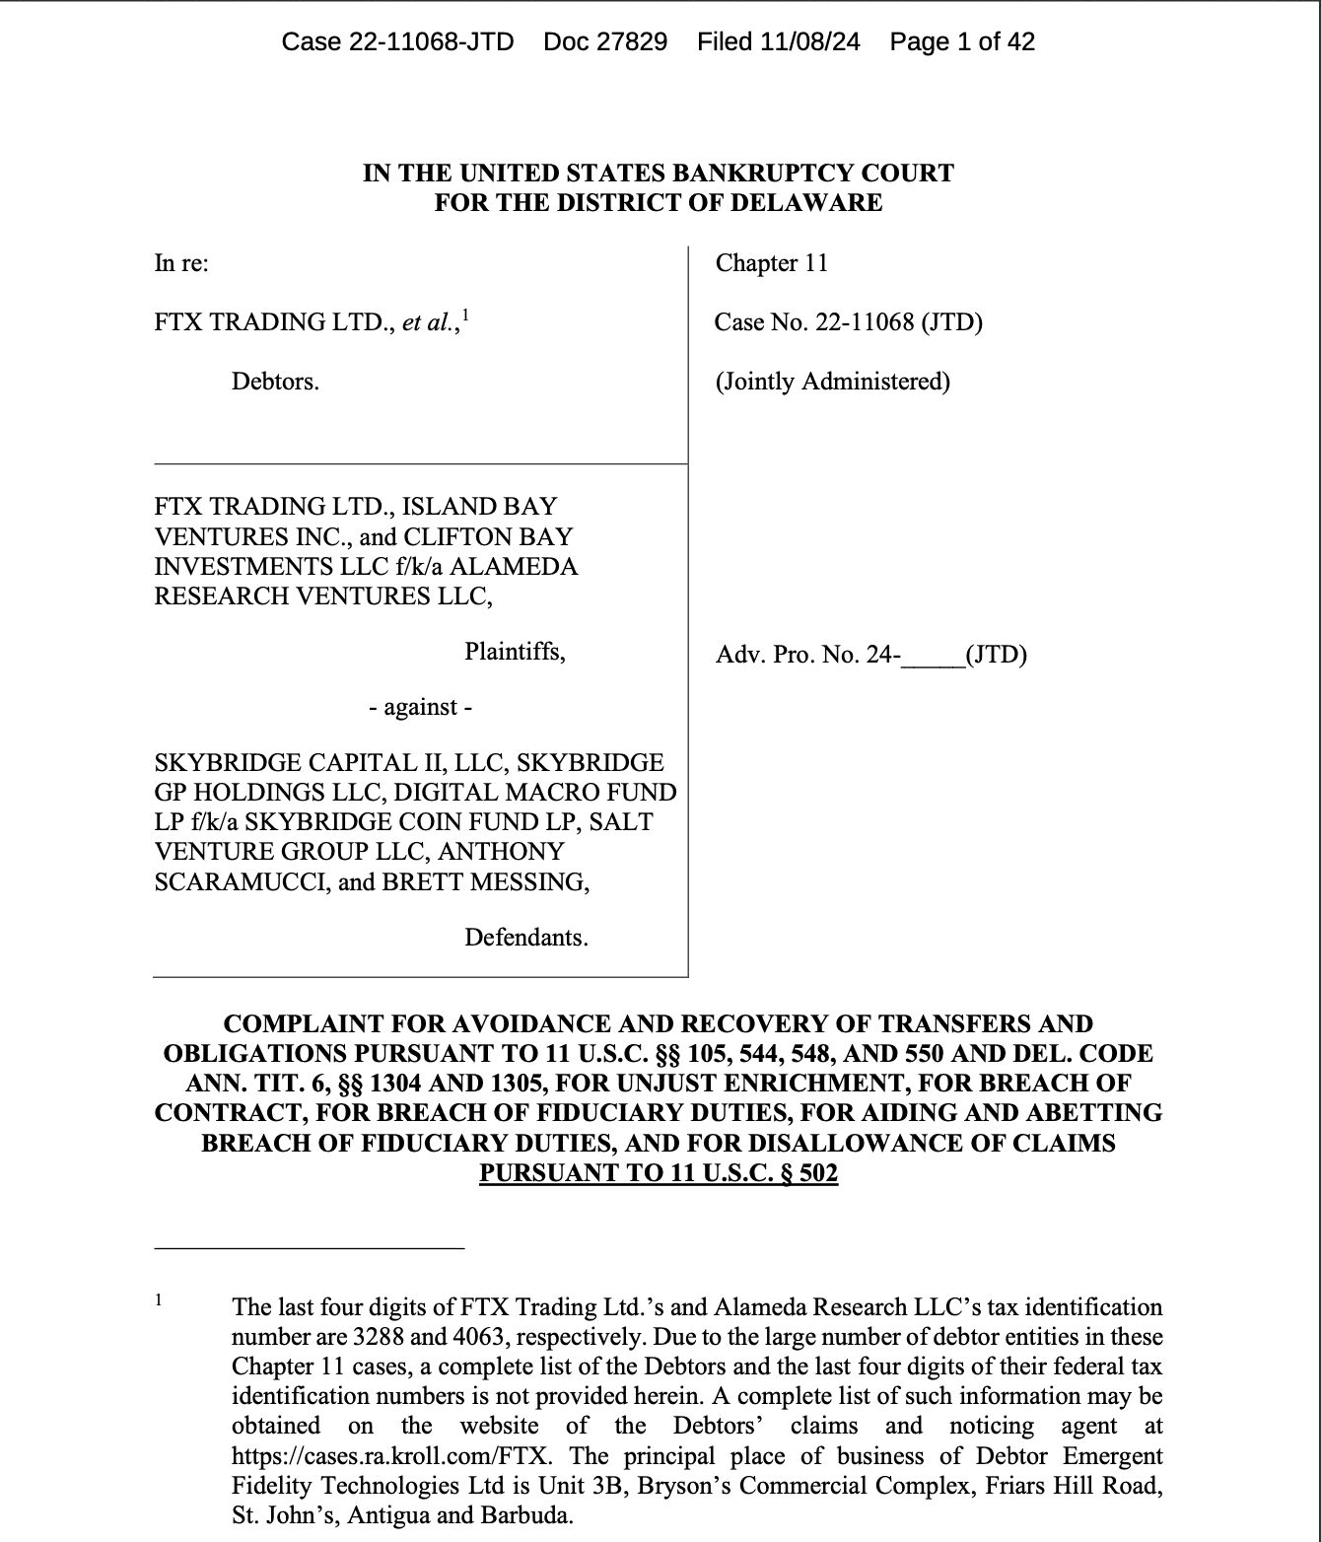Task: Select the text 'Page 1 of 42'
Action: [x=961, y=41]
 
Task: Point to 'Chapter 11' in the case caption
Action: [x=772, y=263]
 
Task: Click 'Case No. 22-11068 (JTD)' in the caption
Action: [x=849, y=322]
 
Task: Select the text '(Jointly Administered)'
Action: [x=833, y=382]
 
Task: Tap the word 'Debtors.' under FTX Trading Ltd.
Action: [x=275, y=382]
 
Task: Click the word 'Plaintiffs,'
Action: [x=515, y=652]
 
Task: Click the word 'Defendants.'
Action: [x=526, y=938]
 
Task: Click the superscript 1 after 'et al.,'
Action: [x=466, y=315]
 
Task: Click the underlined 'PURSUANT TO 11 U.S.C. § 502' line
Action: [x=659, y=1173]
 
